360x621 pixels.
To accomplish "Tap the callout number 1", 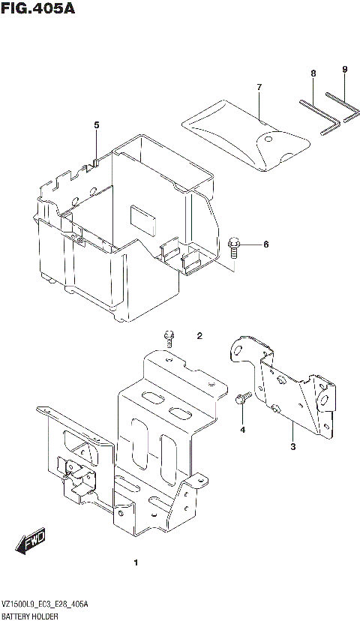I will click(x=135, y=562).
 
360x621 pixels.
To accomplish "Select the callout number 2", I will click(x=199, y=335).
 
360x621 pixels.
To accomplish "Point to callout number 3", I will click(x=293, y=448).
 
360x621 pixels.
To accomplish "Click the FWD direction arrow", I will click(x=34, y=541).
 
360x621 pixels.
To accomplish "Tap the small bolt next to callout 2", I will click(x=170, y=338).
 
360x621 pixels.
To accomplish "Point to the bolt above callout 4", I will click(x=242, y=400).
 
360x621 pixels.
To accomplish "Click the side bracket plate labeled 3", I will click(x=289, y=386).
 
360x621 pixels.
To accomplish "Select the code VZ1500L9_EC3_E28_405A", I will click(x=45, y=604).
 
